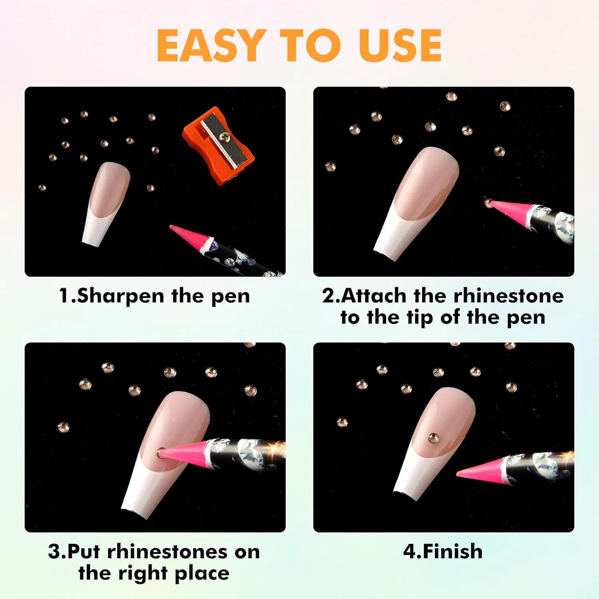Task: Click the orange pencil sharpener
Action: click(218, 145)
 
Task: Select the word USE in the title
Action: click(400, 46)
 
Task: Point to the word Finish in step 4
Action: click(452, 551)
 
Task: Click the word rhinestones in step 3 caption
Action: click(168, 552)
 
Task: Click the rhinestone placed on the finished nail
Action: click(433, 438)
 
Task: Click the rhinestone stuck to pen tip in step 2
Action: click(488, 203)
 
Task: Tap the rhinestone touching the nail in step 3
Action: click(160, 454)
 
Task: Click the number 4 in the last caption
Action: click(409, 551)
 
